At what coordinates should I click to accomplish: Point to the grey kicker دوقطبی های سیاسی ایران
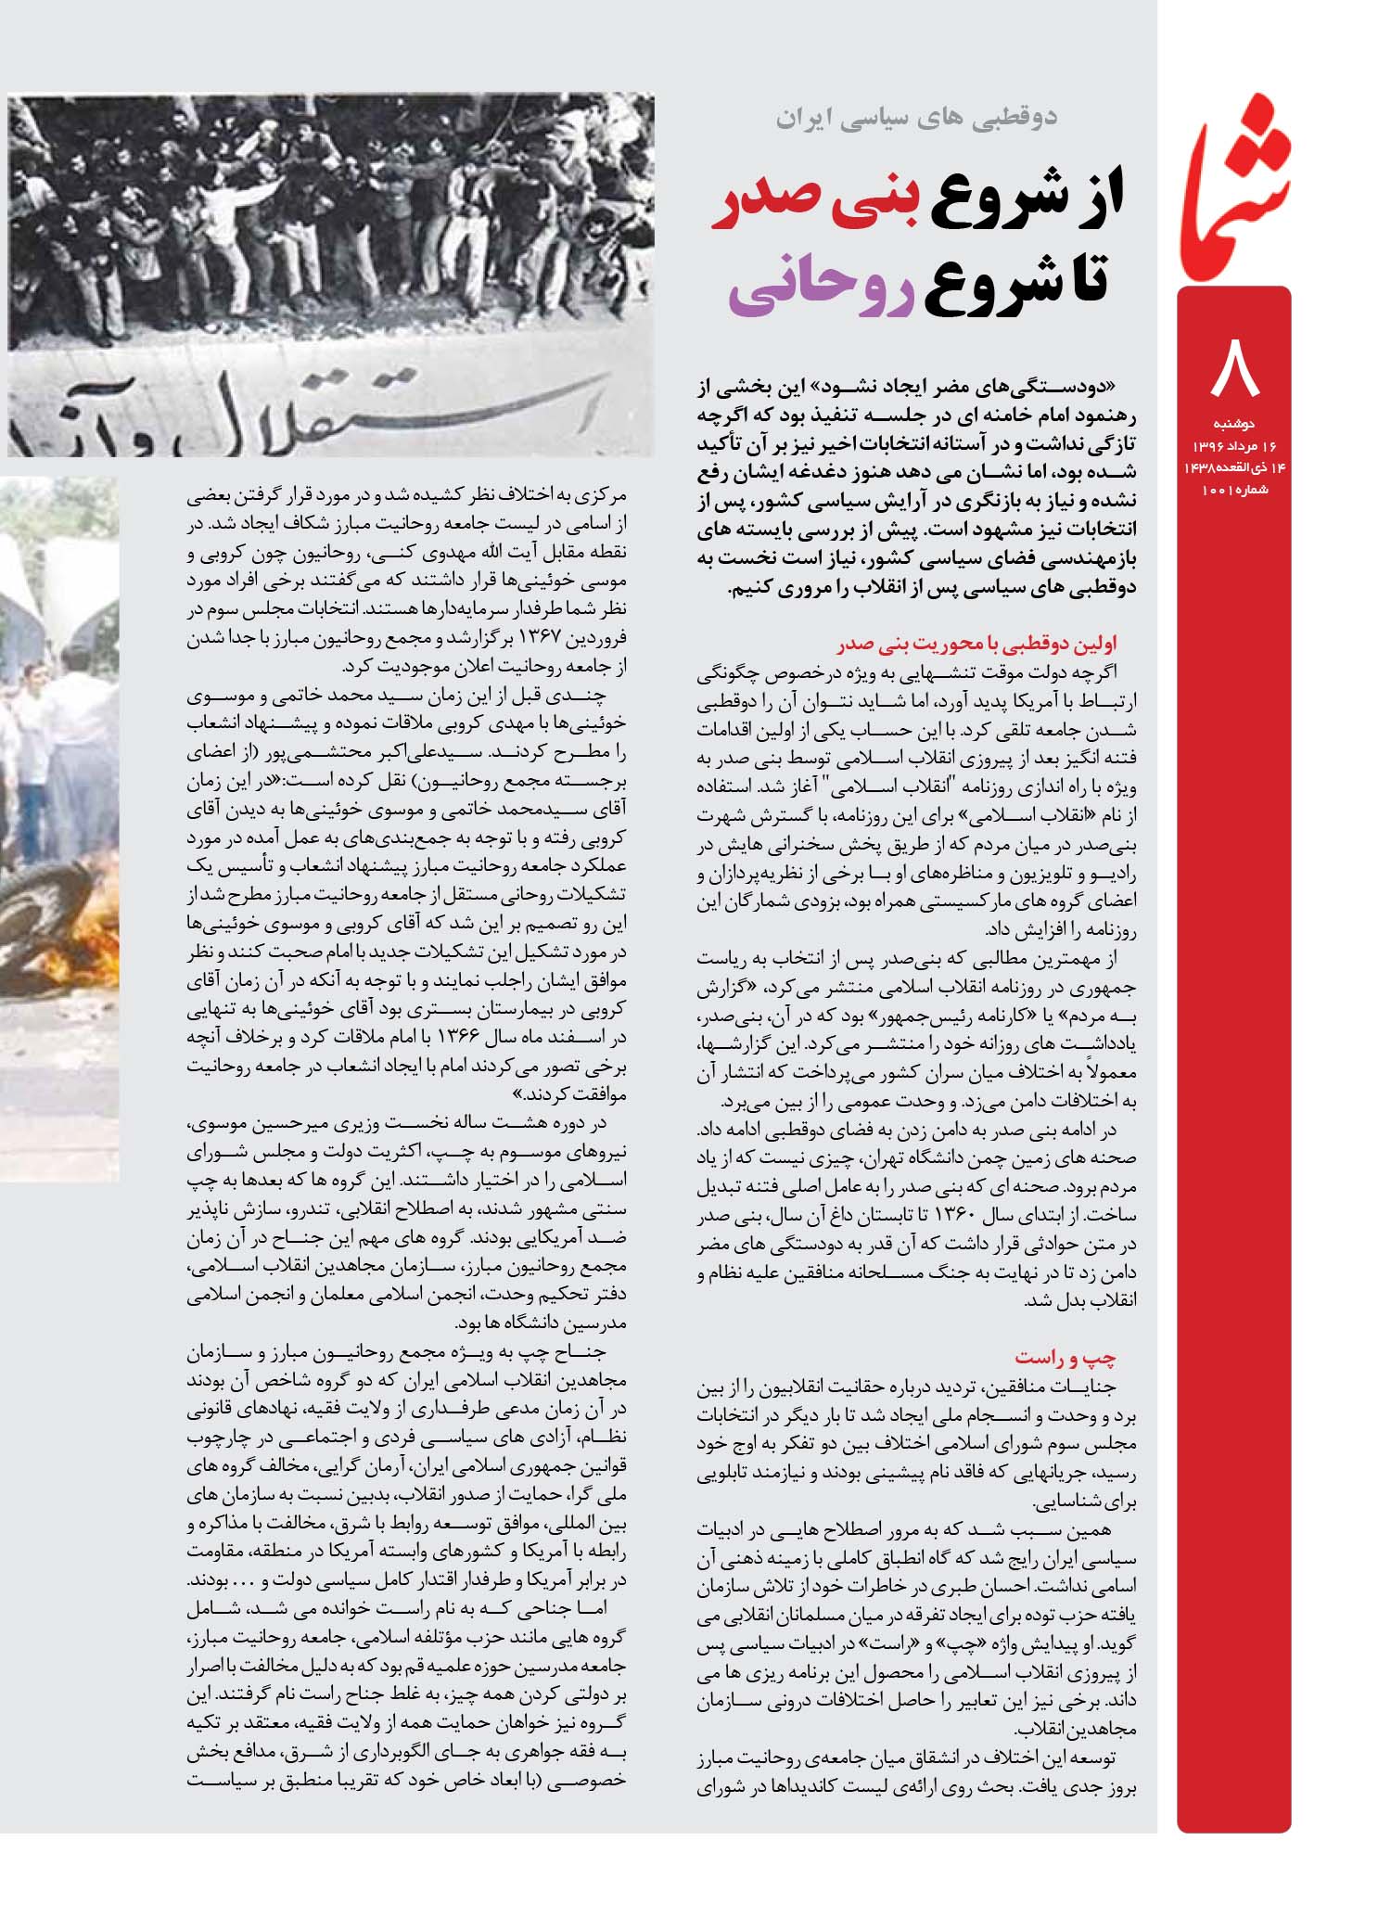914,118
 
